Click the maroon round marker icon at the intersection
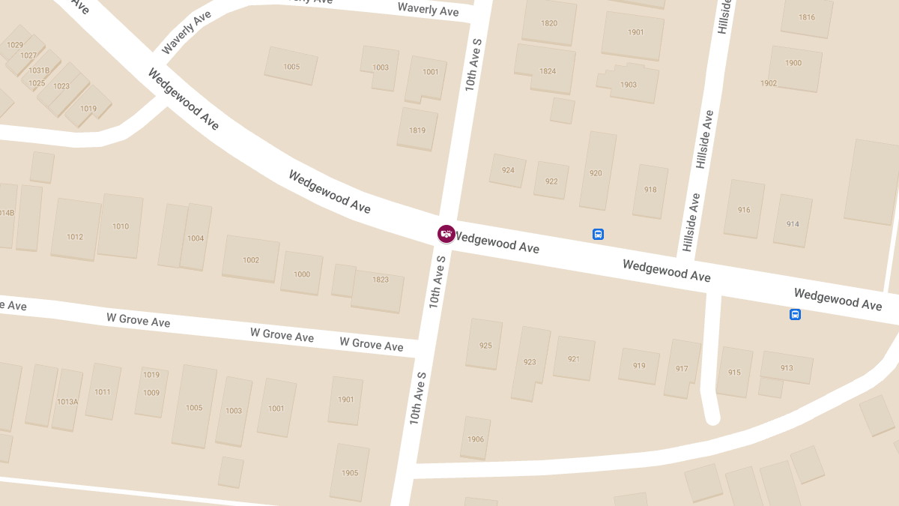click(x=447, y=234)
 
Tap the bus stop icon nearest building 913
click(x=795, y=315)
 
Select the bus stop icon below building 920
click(x=598, y=234)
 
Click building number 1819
click(x=417, y=130)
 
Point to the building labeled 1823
click(x=380, y=280)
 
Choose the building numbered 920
click(x=596, y=172)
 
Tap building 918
click(x=650, y=190)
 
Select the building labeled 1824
click(x=548, y=71)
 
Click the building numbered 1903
click(x=629, y=84)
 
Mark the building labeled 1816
click(x=807, y=17)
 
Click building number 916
click(x=744, y=209)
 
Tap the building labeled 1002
click(x=251, y=259)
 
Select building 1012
click(x=75, y=236)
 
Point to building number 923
click(x=530, y=362)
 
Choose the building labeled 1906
click(x=476, y=439)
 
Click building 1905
click(x=350, y=472)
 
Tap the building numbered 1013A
click(x=67, y=401)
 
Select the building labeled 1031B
click(x=39, y=70)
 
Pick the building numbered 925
click(x=485, y=345)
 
